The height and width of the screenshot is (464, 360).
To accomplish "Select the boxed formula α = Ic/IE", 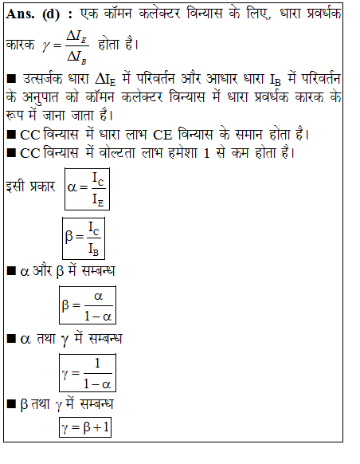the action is coord(87,188).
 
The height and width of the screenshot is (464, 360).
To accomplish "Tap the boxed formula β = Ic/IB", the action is coord(83,238).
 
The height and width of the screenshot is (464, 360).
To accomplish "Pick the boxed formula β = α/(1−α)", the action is coord(87,302).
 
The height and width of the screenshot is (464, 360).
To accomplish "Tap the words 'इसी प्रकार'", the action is coord(30,187).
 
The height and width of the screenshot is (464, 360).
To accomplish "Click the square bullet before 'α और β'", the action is coord(10,272).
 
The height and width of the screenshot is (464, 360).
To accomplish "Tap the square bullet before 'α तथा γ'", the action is coord(10,338).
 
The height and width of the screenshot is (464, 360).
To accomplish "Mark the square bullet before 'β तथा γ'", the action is coord(10,403).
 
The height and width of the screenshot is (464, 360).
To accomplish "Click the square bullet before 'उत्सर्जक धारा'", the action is coord(10,81).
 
